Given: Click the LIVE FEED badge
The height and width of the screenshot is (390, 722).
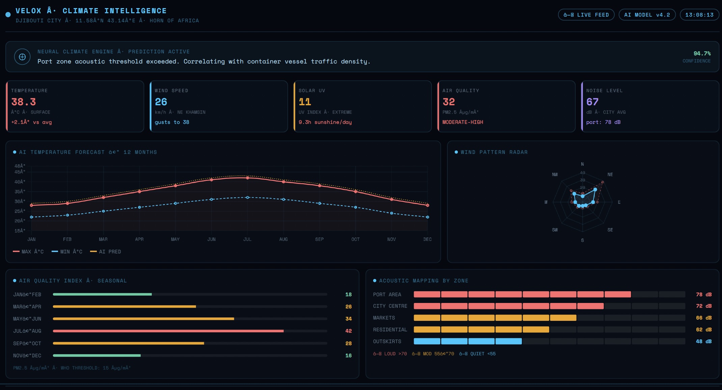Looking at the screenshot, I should click(586, 15).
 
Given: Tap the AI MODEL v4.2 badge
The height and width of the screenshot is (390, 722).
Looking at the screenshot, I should click(647, 15).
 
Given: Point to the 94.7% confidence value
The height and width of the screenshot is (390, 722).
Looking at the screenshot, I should click(702, 53).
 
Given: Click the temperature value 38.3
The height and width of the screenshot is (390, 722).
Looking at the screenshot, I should click(24, 102).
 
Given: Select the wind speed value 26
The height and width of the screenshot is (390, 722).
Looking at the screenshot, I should click(161, 102).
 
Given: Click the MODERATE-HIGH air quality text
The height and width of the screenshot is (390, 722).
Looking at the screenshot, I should click(463, 122).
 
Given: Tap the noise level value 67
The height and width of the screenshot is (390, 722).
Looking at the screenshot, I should click(592, 102).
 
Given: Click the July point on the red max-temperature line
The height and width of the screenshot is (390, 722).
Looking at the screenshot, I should click(247, 178).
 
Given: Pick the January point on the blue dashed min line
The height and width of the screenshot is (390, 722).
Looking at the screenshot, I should click(31, 217).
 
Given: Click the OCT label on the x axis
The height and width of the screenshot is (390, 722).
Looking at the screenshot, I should click(355, 239).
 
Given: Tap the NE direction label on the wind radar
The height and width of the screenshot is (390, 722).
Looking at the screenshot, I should click(610, 174).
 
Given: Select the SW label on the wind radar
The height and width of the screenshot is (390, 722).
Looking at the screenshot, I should click(555, 230).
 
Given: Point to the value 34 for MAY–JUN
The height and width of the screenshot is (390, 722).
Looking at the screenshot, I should click(348, 319).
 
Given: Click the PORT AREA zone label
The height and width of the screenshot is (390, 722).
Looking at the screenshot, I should click(387, 295).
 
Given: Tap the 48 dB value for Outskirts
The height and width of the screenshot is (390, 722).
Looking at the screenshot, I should click(703, 341).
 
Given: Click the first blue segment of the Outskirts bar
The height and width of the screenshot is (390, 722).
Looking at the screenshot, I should click(427, 341).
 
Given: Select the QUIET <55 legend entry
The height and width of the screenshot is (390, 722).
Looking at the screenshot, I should click(477, 354).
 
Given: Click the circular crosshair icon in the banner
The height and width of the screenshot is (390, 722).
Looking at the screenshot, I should click(22, 57).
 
